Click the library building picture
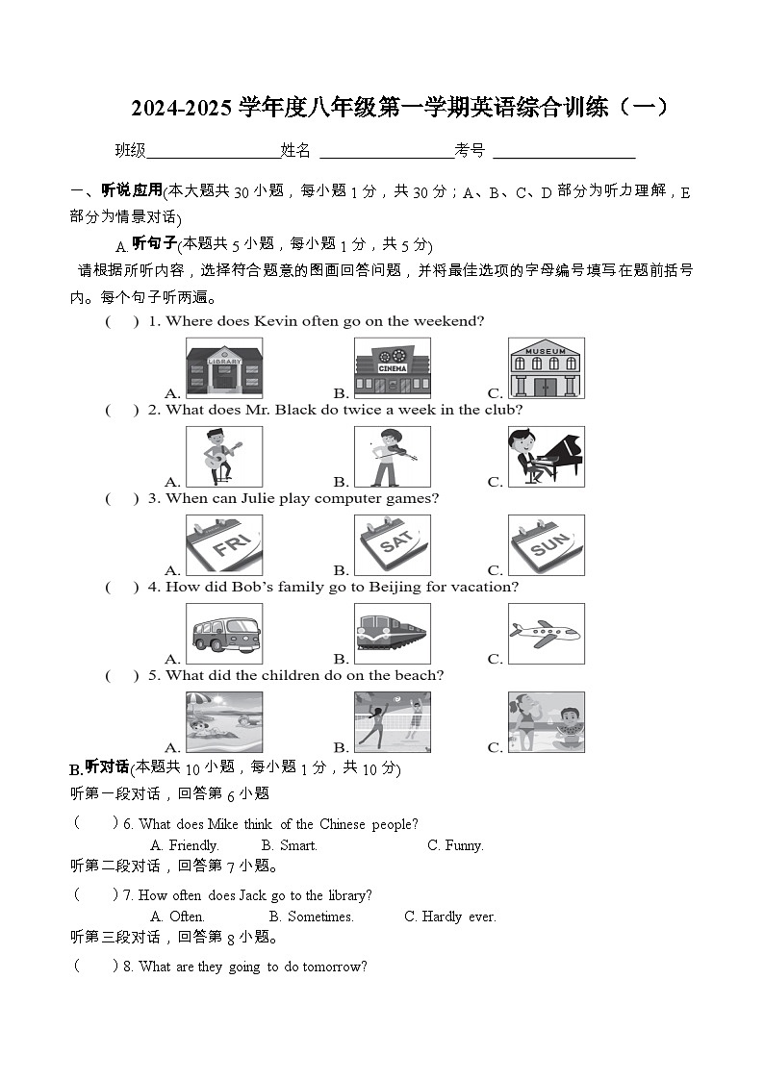[x=224, y=368]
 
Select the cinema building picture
[x=392, y=368]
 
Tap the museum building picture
[x=546, y=368]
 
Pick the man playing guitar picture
[x=224, y=457]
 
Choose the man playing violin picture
[x=392, y=457]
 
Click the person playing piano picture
[x=546, y=457]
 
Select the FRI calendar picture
[x=224, y=545]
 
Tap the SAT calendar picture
[x=392, y=545]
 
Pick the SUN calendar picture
[x=546, y=545]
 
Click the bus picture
[x=224, y=634]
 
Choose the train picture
[x=392, y=634]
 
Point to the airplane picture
[x=546, y=634]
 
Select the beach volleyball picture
[x=392, y=722]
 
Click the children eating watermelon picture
[x=546, y=722]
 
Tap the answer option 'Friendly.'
[x=193, y=845]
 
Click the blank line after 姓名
[x=386, y=152]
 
